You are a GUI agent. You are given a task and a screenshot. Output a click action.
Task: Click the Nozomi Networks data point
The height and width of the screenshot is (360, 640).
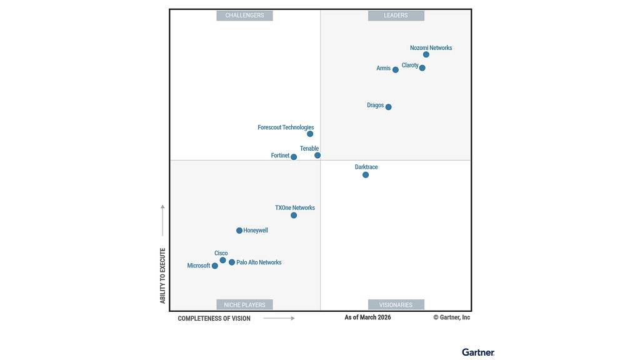click(x=426, y=54)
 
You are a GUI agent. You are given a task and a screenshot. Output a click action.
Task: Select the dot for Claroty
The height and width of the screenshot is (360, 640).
click(x=422, y=67)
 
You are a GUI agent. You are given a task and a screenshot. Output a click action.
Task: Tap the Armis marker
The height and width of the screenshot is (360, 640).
click(x=396, y=69)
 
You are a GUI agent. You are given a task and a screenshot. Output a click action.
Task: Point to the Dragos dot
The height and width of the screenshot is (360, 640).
click(x=389, y=107)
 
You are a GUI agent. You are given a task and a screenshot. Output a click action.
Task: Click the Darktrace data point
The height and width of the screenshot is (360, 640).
click(x=366, y=175)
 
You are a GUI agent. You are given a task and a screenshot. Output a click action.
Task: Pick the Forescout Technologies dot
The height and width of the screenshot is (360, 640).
click(x=310, y=134)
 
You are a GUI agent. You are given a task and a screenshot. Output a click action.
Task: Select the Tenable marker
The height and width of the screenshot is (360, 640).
click(x=317, y=155)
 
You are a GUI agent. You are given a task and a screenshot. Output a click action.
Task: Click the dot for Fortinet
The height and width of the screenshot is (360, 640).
click(x=294, y=157)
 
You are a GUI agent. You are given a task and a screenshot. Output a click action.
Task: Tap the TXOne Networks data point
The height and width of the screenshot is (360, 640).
click(x=294, y=216)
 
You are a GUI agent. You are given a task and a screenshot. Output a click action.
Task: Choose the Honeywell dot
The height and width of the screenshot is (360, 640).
click(x=239, y=231)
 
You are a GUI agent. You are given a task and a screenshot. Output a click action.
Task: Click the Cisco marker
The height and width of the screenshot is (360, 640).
click(x=222, y=260)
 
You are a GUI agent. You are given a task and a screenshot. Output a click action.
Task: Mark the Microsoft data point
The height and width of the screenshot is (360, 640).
click(x=215, y=266)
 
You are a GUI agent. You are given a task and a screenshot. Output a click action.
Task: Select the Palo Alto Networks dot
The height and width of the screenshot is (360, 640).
click(x=232, y=262)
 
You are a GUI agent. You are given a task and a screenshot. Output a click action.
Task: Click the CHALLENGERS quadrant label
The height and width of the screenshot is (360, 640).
click(x=244, y=16)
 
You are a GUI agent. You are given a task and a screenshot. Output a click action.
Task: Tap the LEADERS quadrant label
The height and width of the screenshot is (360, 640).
click(x=396, y=16)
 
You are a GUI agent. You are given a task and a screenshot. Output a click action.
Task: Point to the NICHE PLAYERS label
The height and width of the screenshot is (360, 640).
click(x=244, y=305)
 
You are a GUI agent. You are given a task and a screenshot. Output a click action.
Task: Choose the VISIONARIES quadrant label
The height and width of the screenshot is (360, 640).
click(x=396, y=305)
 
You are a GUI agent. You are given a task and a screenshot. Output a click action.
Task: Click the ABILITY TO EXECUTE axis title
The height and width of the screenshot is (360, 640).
click(x=163, y=276)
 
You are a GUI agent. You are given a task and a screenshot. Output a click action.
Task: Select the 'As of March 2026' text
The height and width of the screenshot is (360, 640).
click(x=367, y=317)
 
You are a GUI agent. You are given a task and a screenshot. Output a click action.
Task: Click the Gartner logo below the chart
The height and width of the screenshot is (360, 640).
click(x=478, y=352)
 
